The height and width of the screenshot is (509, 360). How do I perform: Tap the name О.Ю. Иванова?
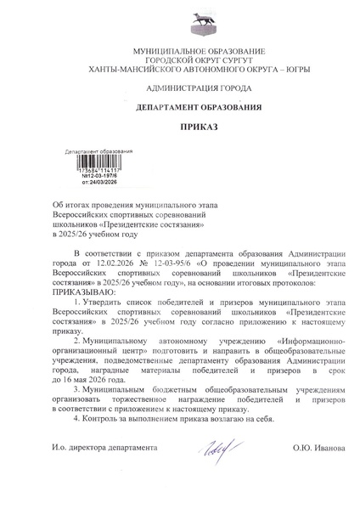(x=319, y=447)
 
